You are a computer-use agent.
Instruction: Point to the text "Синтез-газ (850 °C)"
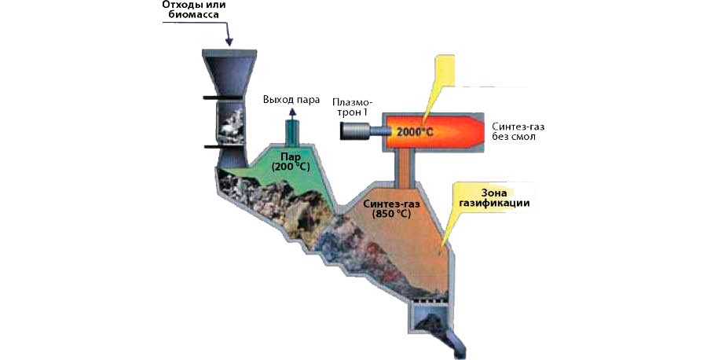tap(394, 208)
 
